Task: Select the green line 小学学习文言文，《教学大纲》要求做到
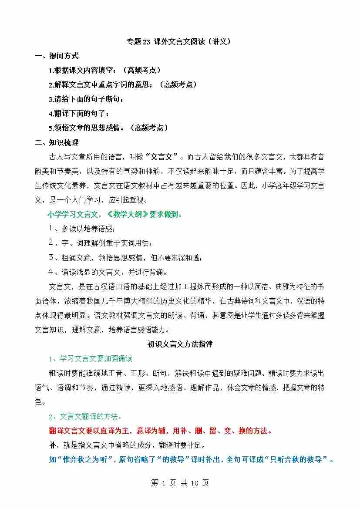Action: point(115,214)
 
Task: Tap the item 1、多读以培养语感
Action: point(82,229)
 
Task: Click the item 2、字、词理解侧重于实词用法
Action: point(100,243)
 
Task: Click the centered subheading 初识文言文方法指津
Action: point(180,344)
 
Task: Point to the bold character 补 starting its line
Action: point(52,445)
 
